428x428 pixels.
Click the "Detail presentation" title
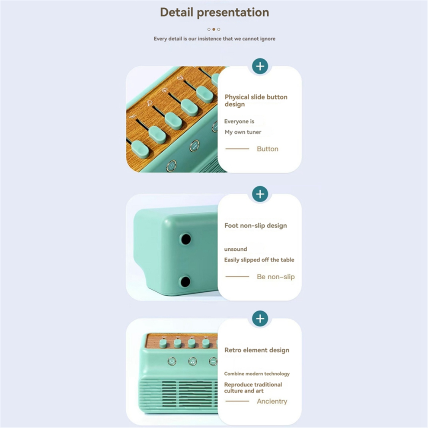pos(214,13)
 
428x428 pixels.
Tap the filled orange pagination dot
pos(214,29)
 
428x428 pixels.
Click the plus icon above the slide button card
pos(260,66)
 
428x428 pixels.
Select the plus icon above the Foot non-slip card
pos(260,194)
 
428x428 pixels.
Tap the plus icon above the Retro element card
pos(260,319)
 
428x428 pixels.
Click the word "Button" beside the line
pos(268,149)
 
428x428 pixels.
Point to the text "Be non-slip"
pos(276,277)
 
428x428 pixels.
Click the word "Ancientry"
pos(272,401)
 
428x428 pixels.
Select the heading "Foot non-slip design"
pos(256,226)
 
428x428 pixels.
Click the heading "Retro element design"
pos(257,350)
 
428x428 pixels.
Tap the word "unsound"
pos(236,249)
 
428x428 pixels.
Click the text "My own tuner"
pos(243,132)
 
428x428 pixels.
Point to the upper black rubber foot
pos(186,239)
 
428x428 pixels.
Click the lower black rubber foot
pos(185,281)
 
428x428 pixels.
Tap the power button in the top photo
pos(172,166)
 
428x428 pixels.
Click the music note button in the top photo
pos(195,146)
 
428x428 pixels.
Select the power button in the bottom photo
pos(172,361)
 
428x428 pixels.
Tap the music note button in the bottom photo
pos(193,362)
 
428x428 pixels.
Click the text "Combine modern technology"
pos(257,374)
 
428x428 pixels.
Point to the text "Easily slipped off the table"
pos(259,260)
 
